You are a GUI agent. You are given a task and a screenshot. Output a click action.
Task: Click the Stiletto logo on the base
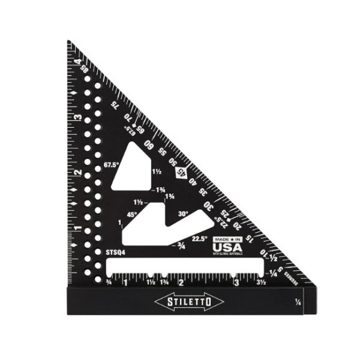point(188,300)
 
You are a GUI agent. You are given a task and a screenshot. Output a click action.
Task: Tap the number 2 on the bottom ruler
point(181,282)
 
